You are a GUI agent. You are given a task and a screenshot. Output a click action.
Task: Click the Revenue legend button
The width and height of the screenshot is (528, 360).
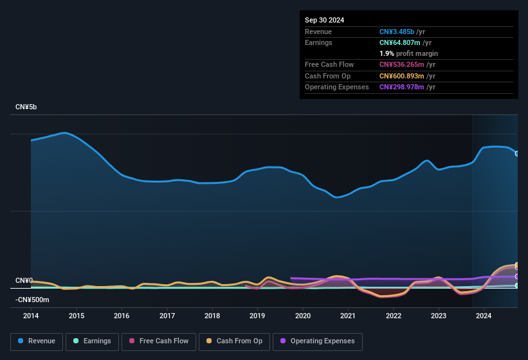pyautogui.click(x=37, y=341)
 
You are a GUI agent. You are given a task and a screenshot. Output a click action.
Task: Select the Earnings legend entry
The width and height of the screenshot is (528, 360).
pyautogui.click(x=91, y=341)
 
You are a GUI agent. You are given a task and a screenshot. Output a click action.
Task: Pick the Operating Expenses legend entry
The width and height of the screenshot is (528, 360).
pyautogui.click(x=318, y=341)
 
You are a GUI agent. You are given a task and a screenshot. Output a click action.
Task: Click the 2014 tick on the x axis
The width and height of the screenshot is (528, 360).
pyautogui.click(x=31, y=316)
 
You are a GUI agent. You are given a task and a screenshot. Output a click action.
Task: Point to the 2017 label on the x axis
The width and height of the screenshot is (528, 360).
pyautogui.click(x=167, y=316)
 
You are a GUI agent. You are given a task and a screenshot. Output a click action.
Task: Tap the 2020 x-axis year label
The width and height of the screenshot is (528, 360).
pyautogui.click(x=303, y=316)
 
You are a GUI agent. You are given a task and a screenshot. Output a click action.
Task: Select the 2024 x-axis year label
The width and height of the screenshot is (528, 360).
pyautogui.click(x=484, y=316)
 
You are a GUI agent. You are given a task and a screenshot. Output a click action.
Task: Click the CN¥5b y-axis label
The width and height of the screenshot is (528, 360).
pyautogui.click(x=26, y=107)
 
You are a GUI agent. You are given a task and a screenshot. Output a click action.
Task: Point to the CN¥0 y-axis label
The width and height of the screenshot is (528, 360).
pyautogui.click(x=24, y=281)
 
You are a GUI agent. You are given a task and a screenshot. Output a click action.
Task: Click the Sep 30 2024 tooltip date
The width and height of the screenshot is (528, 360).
pyautogui.click(x=325, y=20)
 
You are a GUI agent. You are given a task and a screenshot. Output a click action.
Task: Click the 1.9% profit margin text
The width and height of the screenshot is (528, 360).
pyautogui.click(x=408, y=53)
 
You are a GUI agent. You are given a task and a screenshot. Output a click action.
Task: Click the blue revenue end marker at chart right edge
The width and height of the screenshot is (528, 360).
pyautogui.click(x=517, y=153)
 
